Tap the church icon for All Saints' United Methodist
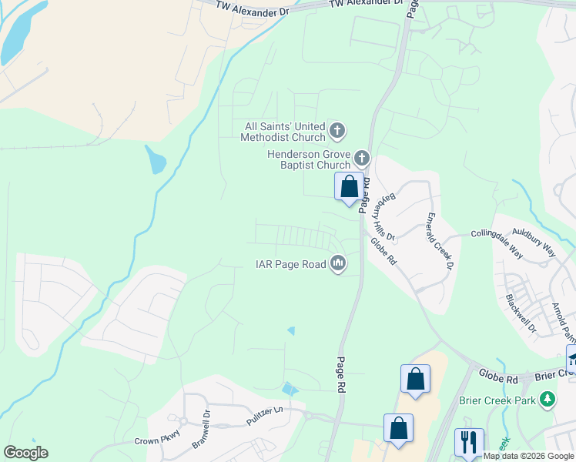337,132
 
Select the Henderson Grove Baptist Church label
308,159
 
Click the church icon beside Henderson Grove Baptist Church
362,159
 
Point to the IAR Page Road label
291,264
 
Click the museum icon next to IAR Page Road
337,264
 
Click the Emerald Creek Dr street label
439,241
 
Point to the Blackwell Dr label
520,315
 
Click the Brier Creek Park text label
497,400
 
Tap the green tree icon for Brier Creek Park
547,399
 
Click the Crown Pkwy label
136,442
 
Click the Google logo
25,453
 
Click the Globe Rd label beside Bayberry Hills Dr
383,252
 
